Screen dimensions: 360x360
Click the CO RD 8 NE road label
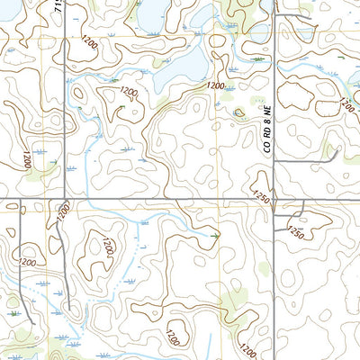point(267,130)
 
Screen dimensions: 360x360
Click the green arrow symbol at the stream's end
point(215,236)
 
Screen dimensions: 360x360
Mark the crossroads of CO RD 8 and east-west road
point(274,200)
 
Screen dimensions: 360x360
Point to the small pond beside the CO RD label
point(238,113)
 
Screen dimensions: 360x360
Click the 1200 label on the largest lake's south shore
point(214,85)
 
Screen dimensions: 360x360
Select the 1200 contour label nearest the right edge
point(347,104)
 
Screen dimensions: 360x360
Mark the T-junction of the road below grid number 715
point(62,200)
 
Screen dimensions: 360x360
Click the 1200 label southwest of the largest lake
point(129,93)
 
